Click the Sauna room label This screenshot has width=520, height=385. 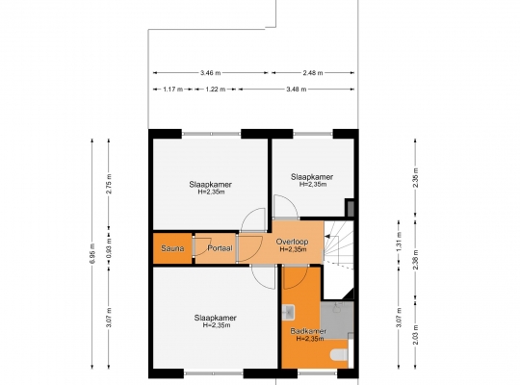[172, 248]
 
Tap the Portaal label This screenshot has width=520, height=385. [220, 248]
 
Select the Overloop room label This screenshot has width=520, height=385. [292, 242]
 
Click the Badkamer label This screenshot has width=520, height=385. [308, 331]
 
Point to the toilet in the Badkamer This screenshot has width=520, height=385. [339, 355]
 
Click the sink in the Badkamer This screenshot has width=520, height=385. [288, 313]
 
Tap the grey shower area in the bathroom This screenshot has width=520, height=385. [337, 320]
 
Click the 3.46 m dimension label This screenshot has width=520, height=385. [211, 72]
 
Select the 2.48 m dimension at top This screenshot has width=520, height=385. [313, 72]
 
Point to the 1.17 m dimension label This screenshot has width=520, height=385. [172, 90]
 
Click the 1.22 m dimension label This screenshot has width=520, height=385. [216, 90]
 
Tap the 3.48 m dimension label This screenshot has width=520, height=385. [297, 90]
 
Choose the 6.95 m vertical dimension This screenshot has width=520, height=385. [92, 254]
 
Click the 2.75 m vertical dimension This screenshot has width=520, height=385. [109, 184]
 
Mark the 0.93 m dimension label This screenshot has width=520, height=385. [109, 248]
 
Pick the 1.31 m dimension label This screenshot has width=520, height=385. [399, 241]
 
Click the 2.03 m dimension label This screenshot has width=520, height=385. [416, 335]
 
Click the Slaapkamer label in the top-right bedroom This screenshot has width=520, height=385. [312, 177]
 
